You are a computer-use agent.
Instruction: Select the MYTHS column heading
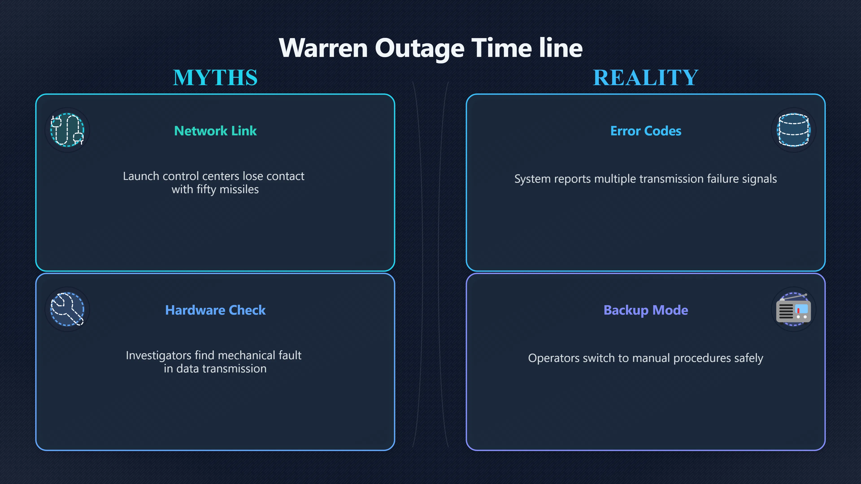(215, 78)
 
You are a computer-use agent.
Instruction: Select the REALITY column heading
(646, 78)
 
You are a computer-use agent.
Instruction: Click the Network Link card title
(215, 131)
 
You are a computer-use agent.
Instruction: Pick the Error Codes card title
(646, 131)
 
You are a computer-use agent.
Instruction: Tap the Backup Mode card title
(646, 310)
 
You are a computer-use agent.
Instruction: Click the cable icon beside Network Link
(67, 130)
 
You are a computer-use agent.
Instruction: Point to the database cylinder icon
(794, 130)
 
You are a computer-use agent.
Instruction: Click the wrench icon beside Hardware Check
(67, 309)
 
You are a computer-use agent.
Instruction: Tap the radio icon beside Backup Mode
(794, 309)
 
